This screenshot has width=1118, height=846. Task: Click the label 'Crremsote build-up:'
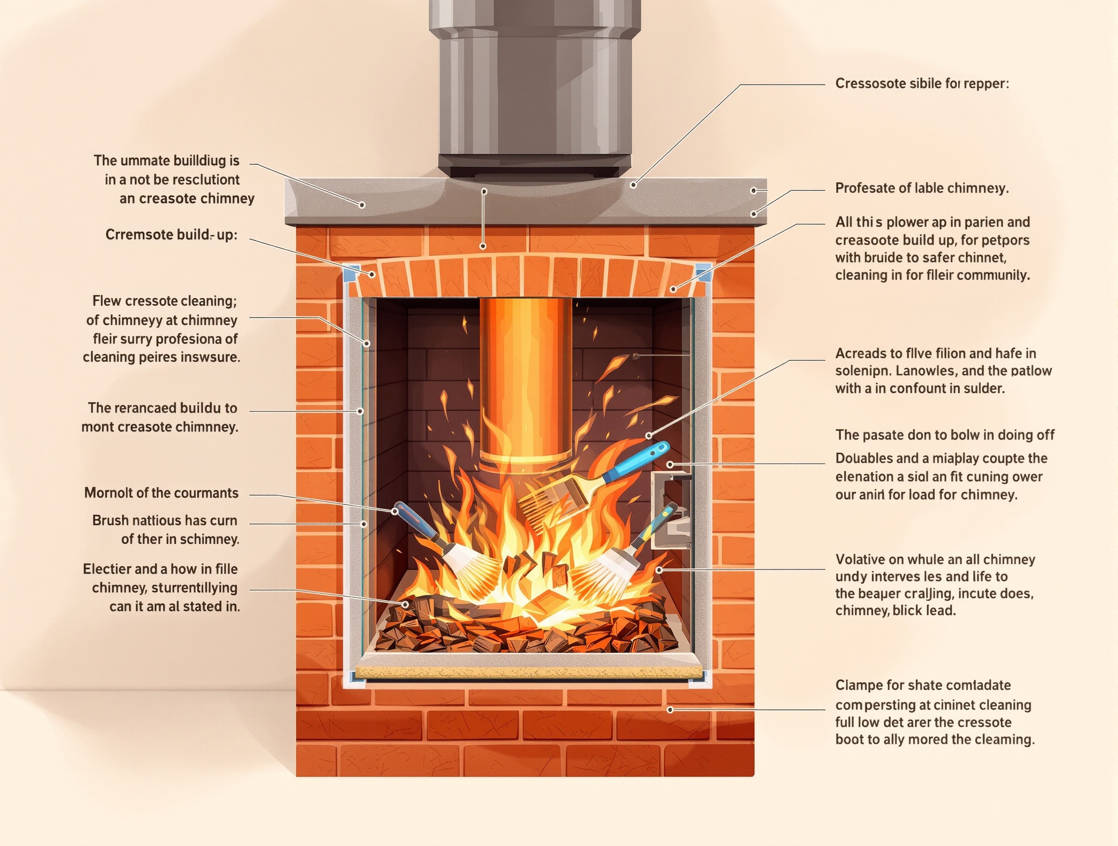tap(171, 235)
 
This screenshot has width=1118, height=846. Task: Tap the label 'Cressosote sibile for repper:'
tap(922, 84)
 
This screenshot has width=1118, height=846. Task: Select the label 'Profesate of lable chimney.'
tap(922, 188)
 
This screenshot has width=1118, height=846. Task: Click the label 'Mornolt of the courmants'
tap(161, 493)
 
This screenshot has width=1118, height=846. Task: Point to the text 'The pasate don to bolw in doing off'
tap(945, 435)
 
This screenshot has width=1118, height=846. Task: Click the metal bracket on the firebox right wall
tap(671, 510)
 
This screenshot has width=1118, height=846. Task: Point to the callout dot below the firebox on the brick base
tap(670, 710)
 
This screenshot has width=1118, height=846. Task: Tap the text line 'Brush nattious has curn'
tap(164, 521)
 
